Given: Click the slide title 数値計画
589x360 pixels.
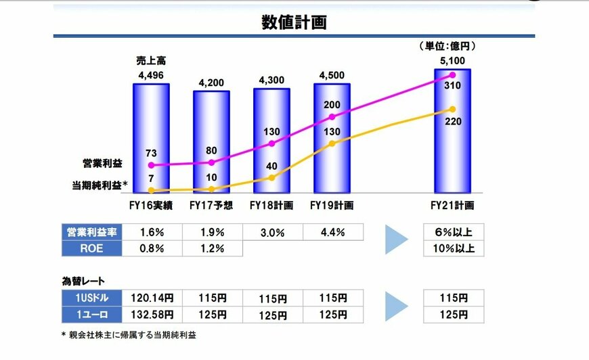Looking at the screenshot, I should [x=294, y=23].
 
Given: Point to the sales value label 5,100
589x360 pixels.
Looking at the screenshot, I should [x=452, y=61].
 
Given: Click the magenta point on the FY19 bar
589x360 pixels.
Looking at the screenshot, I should [x=332, y=116].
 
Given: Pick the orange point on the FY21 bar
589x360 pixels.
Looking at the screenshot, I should [x=452, y=109].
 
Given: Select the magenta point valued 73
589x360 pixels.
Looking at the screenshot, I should [x=152, y=165].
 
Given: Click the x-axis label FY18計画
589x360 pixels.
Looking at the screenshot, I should [x=271, y=204].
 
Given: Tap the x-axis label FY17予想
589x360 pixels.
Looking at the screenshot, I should [x=211, y=204].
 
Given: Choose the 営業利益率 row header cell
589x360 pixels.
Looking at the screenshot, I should [x=91, y=232].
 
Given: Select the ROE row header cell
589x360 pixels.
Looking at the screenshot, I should [x=91, y=248].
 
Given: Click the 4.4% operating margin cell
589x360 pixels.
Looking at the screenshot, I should [x=332, y=232].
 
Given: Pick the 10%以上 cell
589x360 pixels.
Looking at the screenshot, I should [x=453, y=248].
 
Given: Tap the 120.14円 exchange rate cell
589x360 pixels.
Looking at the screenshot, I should [x=152, y=298].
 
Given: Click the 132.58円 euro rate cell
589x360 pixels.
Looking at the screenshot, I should [x=152, y=314].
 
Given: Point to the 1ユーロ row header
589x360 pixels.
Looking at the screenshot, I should [x=91, y=314].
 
